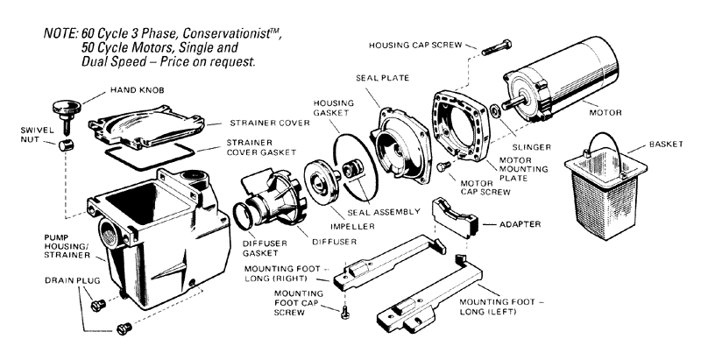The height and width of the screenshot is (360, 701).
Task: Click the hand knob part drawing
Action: pos(66,109)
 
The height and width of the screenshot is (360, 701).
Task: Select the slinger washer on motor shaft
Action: pos(495,111)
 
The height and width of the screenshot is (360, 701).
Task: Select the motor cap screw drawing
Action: pos(443,166)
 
